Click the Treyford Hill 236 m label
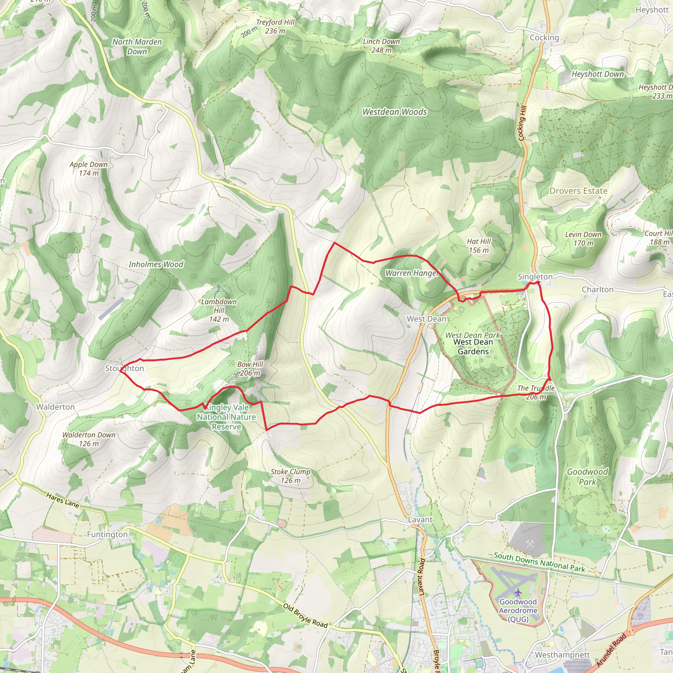(275, 27)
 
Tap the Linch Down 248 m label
(381, 46)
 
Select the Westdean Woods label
(394, 112)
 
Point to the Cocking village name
(544, 37)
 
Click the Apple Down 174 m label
(88, 169)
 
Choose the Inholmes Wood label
(156, 265)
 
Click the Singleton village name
(535, 277)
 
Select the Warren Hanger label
(411, 273)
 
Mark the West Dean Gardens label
(473, 347)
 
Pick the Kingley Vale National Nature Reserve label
(226, 417)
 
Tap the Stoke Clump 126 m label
(290, 476)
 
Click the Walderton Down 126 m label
(89, 439)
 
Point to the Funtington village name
(107, 534)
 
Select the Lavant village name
(420, 520)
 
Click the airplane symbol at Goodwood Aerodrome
(518, 592)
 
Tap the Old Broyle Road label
(305, 615)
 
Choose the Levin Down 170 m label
(583, 239)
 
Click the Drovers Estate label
(578, 191)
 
